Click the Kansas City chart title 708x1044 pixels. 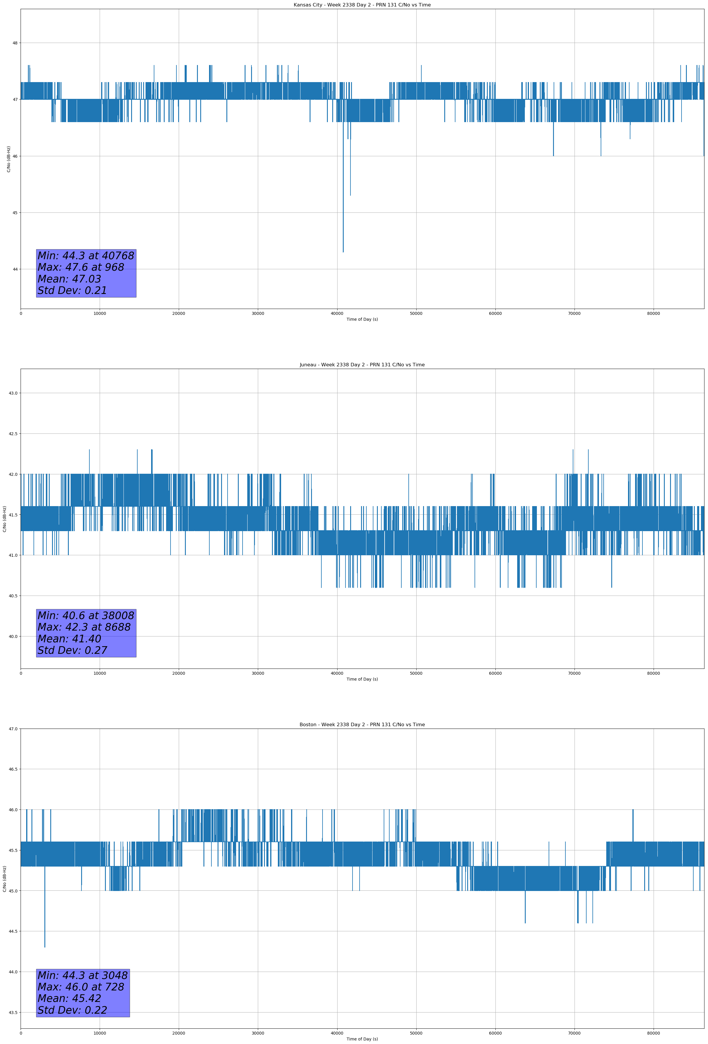362,5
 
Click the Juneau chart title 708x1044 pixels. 362,365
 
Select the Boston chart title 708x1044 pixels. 362,725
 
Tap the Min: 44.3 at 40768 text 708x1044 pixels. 86,256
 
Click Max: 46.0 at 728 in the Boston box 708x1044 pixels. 81,987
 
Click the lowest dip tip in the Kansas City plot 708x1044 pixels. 343,252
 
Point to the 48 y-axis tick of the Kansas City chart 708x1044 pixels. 15,43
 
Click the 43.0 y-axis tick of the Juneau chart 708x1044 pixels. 13,393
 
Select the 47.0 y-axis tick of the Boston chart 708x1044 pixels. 13,729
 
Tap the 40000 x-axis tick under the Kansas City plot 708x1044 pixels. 337,314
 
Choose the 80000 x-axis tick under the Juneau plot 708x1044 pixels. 654,673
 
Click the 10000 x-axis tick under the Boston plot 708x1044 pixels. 100,1033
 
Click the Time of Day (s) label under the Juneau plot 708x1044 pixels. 362,679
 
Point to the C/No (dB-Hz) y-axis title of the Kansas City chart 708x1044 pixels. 9,159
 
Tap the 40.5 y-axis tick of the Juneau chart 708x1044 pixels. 13,596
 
